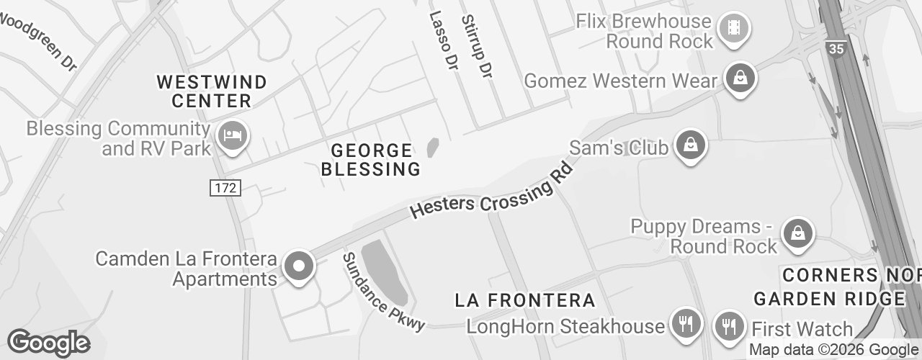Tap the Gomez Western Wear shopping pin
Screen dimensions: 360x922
coord(740,78)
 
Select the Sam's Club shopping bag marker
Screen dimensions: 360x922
coord(691,145)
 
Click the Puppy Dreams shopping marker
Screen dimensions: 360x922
coord(797,234)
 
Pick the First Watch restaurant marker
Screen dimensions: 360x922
coord(729,326)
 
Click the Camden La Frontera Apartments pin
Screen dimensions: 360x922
coord(298,266)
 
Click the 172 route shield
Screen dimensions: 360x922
coord(225,189)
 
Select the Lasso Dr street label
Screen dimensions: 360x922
coord(444,41)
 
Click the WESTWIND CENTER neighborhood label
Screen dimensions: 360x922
coord(212,91)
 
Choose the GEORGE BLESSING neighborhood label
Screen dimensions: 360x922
coord(371,160)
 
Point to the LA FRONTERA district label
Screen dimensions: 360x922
coord(525,300)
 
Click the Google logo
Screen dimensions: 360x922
coord(48,343)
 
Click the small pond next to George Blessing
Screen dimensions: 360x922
coord(433,148)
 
